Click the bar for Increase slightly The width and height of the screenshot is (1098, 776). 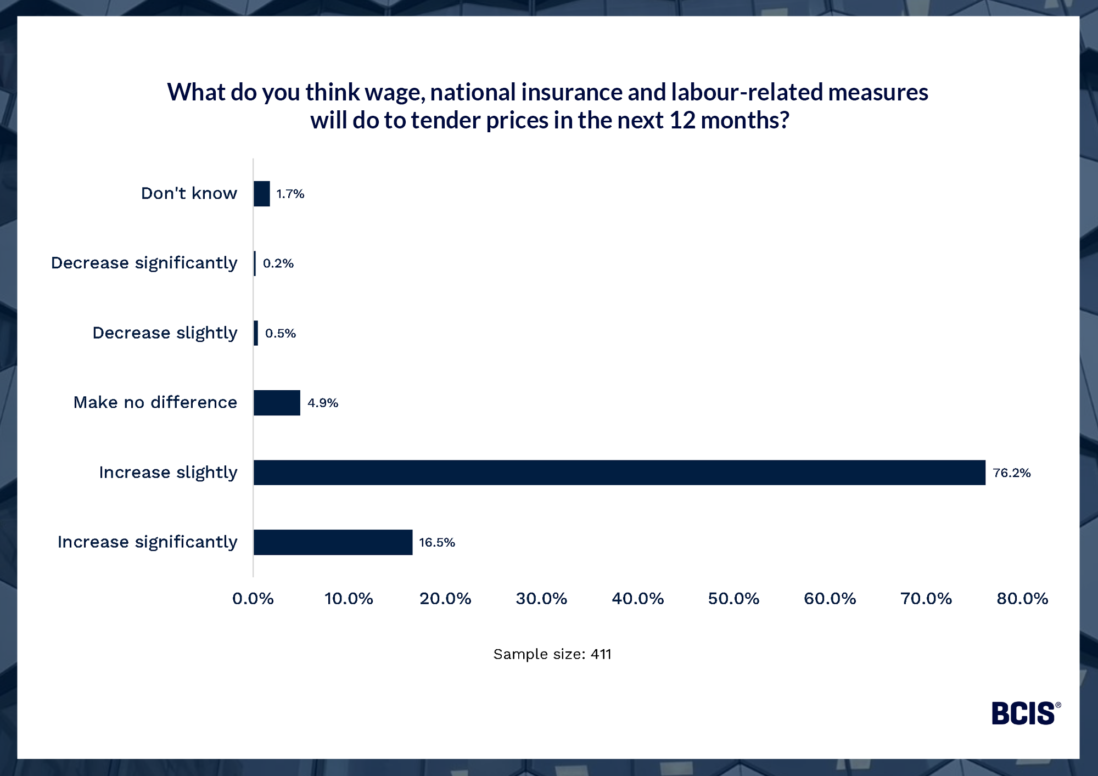coord(619,473)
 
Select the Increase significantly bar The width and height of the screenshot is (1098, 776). coord(333,542)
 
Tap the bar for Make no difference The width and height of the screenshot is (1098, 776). coord(277,403)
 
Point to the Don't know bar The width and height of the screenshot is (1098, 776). coord(262,194)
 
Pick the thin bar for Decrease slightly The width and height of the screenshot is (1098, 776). coord(256,333)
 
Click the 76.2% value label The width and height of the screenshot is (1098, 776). coord(1012,473)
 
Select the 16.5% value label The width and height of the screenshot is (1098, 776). coord(437,543)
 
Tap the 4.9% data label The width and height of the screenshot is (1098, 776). coord(323,403)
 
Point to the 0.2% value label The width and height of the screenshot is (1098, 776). coord(278,263)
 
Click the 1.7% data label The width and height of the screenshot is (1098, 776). coord(290,194)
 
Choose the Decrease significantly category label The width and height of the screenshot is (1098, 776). coord(144,263)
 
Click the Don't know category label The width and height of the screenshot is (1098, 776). coord(189,193)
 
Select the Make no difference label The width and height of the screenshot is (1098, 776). coord(155,402)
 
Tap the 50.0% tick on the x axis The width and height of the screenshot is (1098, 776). coord(733,598)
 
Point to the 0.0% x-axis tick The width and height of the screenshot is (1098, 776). coord(253,598)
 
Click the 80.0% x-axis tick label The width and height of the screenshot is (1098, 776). coord(1022,598)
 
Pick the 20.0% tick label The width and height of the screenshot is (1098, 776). coord(445,598)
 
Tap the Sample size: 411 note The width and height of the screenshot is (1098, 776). coord(552,654)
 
